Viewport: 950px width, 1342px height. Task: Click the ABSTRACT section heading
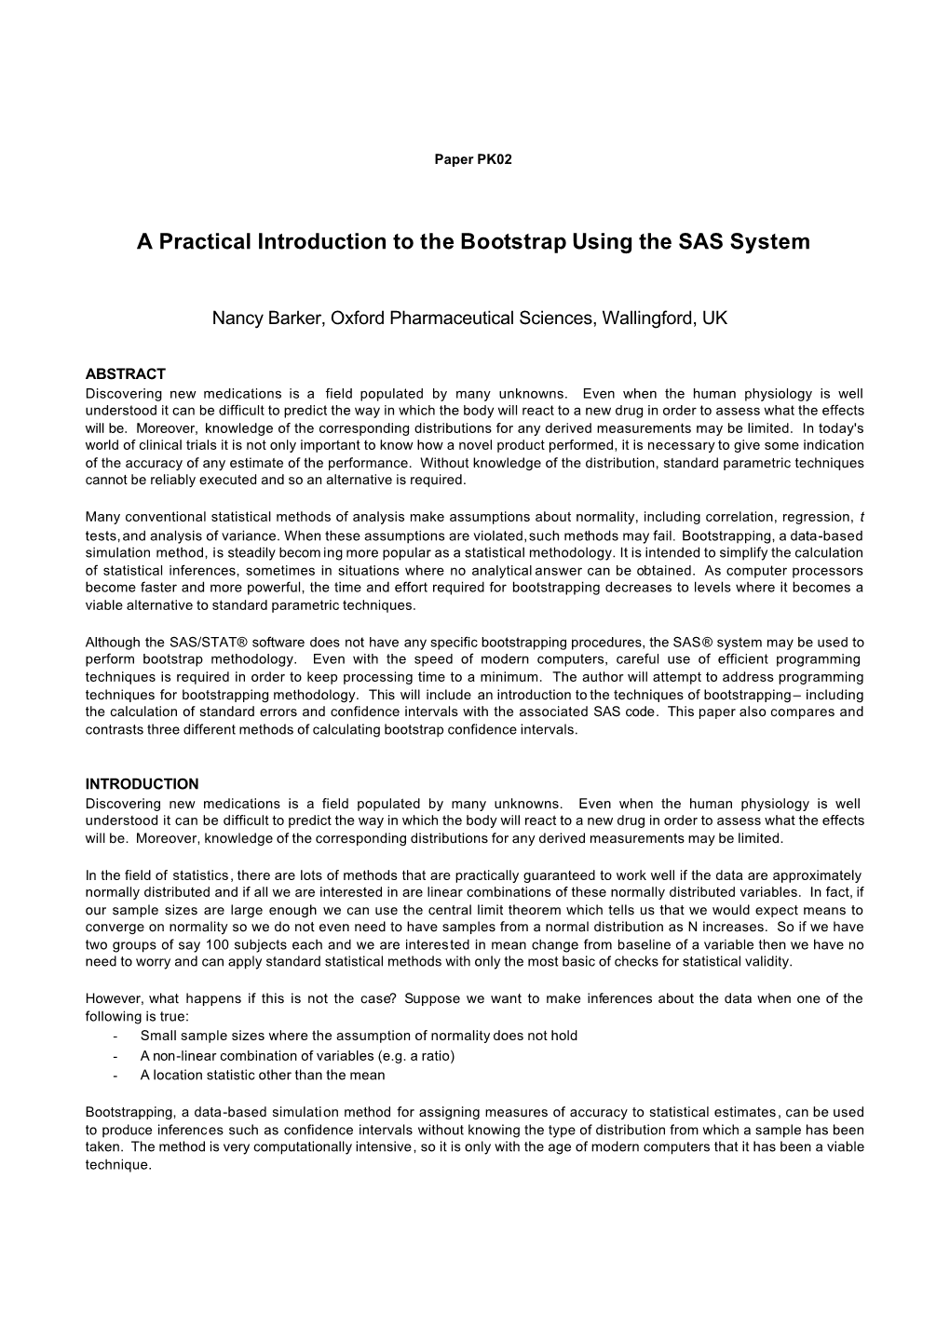[x=125, y=374]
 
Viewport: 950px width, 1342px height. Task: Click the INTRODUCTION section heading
[x=142, y=784]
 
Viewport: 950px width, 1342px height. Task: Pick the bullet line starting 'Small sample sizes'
[x=359, y=1036]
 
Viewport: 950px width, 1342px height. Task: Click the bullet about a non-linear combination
[x=297, y=1055]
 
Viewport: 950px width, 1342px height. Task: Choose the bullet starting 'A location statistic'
[x=262, y=1075]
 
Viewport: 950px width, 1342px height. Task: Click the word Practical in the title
[x=204, y=242]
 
